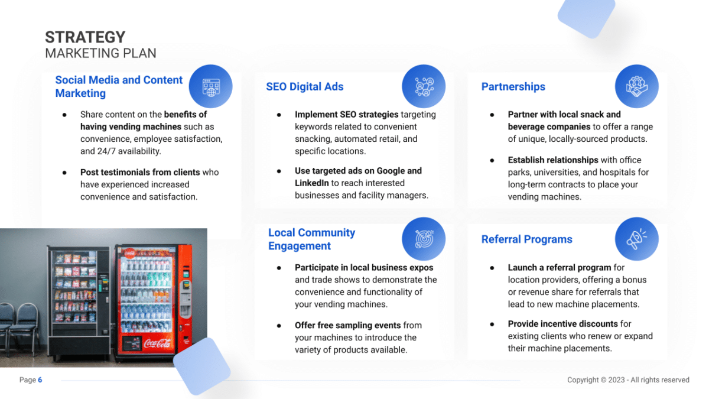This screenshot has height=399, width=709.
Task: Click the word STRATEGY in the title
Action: point(85,37)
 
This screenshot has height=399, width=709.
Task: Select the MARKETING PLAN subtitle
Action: point(100,53)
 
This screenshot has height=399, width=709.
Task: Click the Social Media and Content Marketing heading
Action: point(119,86)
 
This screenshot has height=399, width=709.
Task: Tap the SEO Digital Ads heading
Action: point(304,86)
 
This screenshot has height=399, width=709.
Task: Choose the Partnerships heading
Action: point(513,86)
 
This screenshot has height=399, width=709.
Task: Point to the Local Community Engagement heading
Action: point(311,239)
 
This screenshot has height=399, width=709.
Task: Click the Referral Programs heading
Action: point(526,239)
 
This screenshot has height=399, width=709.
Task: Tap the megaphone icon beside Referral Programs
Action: point(636,239)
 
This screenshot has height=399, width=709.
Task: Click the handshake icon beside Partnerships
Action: point(636,86)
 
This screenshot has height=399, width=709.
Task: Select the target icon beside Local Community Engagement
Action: point(424,239)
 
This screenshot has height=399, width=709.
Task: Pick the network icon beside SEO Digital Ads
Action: point(424,86)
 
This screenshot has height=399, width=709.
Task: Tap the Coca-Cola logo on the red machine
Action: point(157,343)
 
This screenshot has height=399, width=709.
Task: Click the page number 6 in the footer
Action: point(40,379)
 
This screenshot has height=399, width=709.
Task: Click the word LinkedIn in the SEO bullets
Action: point(312,183)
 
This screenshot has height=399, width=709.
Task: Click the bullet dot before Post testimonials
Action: point(64,173)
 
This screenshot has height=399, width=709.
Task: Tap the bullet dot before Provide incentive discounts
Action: point(492,324)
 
